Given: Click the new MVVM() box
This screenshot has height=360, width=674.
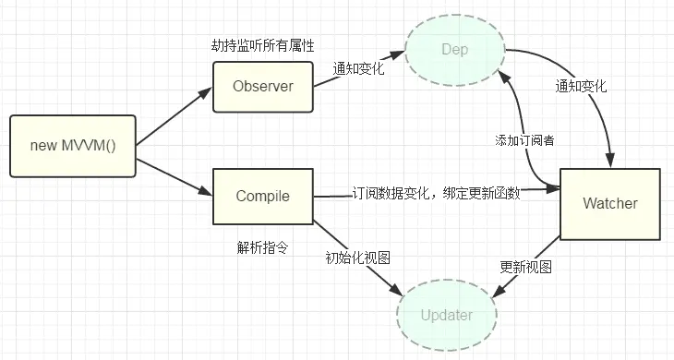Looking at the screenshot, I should pos(73,146).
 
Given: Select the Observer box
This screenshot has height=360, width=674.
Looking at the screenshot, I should pos(262,87).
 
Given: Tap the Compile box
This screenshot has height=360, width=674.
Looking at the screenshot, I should pos(262,196).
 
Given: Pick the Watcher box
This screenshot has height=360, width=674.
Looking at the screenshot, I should pos(610,202).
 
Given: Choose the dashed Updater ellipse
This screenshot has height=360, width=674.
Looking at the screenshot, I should pos(446,315).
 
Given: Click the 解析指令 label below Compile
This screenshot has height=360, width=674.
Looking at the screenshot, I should pos(260,247).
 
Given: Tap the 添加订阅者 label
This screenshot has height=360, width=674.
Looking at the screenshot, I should pos(524,139).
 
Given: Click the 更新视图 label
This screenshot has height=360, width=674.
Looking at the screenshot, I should pos(525,267).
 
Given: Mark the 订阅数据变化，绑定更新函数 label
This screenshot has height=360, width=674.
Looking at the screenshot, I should pos(436,194).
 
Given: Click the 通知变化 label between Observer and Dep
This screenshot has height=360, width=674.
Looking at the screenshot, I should pos(360,68).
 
